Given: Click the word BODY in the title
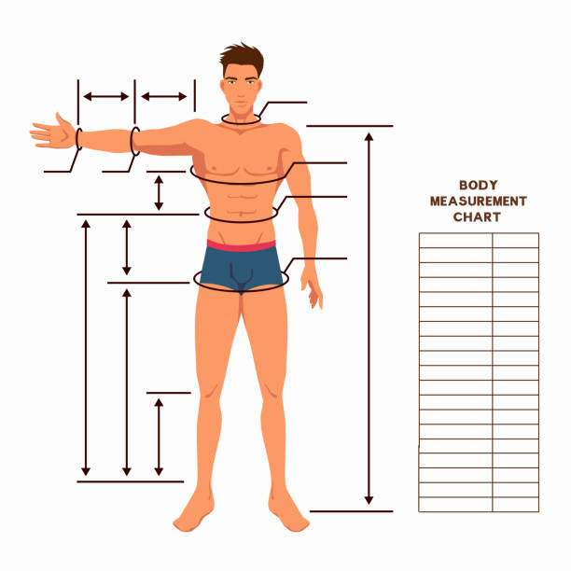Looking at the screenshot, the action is pos(478,185).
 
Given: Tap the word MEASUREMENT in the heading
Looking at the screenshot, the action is pos(478,201).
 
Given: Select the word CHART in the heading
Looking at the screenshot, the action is pos(477,217).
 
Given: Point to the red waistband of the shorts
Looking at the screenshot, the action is pos(241,245).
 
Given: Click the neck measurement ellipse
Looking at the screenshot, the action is pos(241,119).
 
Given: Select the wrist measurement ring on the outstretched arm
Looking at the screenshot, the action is pos(78,139).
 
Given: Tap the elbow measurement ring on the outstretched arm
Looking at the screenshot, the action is pos(134,141).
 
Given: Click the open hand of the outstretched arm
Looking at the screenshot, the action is pos(53,132).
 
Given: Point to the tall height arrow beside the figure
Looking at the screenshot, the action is pos(369,319).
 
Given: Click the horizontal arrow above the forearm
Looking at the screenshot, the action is pos(106,96).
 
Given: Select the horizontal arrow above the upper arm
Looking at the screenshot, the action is pos(164,96).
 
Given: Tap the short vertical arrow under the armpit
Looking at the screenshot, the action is pos(159,193).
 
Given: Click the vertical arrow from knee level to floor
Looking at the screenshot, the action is pos(159,437).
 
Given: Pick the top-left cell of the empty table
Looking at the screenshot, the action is pos(455,241).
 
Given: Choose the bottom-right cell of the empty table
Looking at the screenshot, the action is pos(515,505).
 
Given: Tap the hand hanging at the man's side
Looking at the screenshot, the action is pos(312,287).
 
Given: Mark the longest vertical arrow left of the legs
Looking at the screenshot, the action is pos(86,348).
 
